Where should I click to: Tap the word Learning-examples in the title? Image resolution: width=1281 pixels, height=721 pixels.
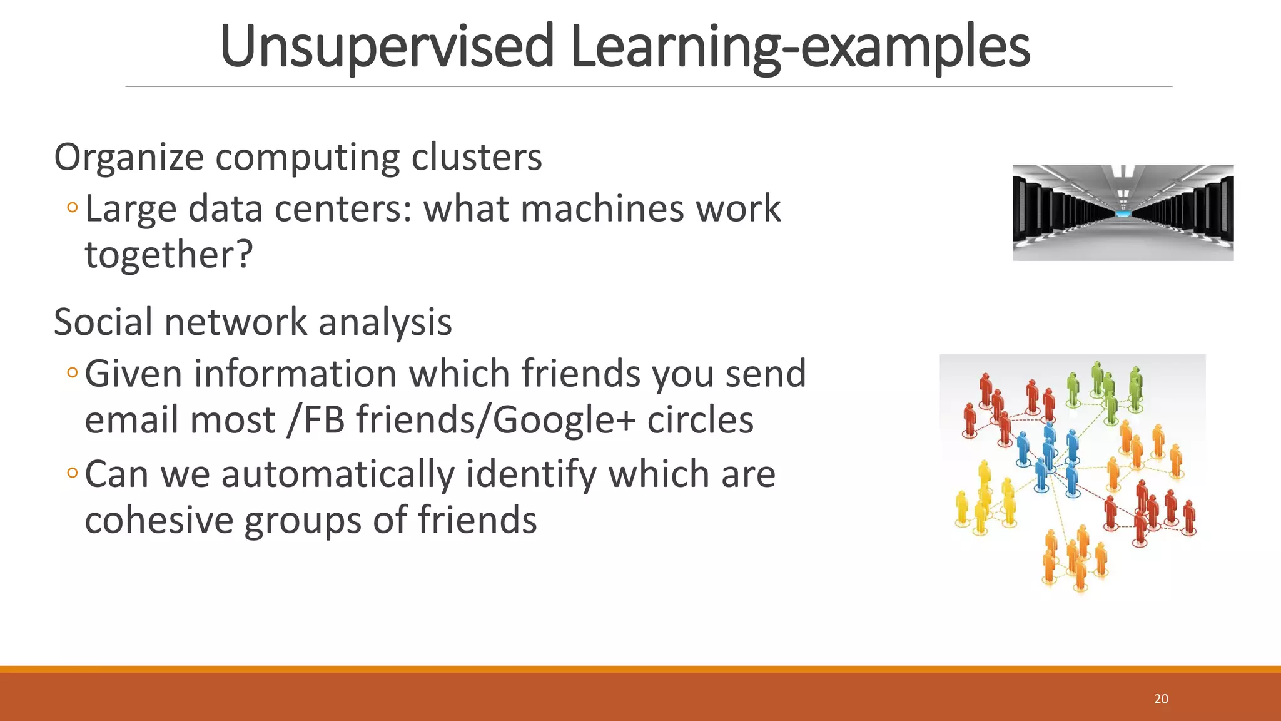[x=800, y=47]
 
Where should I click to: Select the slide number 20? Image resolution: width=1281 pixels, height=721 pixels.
[x=1161, y=699]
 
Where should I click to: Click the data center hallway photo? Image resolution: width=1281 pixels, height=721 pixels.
[x=1123, y=213]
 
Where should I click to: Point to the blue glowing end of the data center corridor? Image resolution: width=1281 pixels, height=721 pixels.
[x=1123, y=215]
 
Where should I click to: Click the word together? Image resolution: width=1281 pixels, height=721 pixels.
[x=169, y=255]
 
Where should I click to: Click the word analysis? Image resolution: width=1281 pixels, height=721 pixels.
[x=385, y=322]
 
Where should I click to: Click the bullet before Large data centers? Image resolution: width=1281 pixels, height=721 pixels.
[x=72, y=208]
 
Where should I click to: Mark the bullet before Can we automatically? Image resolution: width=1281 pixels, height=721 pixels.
[x=72, y=473]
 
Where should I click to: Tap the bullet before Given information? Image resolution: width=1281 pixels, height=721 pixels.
[x=72, y=373]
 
